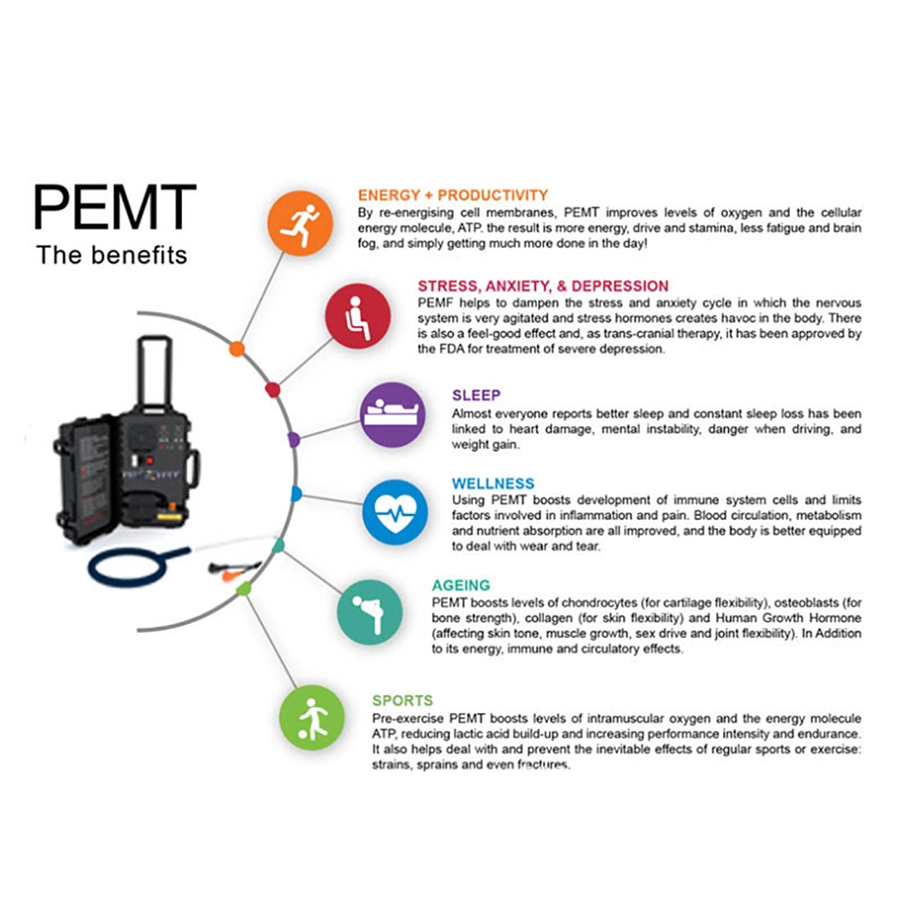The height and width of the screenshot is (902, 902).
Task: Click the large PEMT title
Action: (x=114, y=207)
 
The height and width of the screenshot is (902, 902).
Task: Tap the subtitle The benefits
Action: (x=112, y=255)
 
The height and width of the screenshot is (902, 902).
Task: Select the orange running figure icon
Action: (x=300, y=223)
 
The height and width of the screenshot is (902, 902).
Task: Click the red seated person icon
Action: (x=357, y=316)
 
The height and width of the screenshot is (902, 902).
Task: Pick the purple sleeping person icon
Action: (x=392, y=415)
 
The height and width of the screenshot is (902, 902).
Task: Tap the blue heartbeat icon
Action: (x=395, y=512)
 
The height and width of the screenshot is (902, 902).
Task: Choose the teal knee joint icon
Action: (x=370, y=612)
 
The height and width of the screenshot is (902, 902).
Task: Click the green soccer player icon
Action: (x=312, y=718)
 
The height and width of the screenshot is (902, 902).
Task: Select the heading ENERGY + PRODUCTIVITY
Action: (x=453, y=196)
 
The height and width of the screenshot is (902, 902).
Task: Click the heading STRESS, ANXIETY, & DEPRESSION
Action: (x=543, y=286)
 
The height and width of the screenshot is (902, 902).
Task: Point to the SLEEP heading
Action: (x=476, y=395)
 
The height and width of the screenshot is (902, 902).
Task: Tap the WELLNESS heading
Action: (x=493, y=484)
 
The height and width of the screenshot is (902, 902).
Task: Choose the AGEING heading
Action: (x=461, y=585)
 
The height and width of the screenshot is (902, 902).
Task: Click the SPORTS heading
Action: (x=403, y=701)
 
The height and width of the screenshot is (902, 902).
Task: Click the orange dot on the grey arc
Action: (x=237, y=349)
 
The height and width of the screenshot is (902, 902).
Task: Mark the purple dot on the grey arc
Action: (x=293, y=440)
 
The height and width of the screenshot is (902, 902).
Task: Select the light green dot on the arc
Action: (x=244, y=589)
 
